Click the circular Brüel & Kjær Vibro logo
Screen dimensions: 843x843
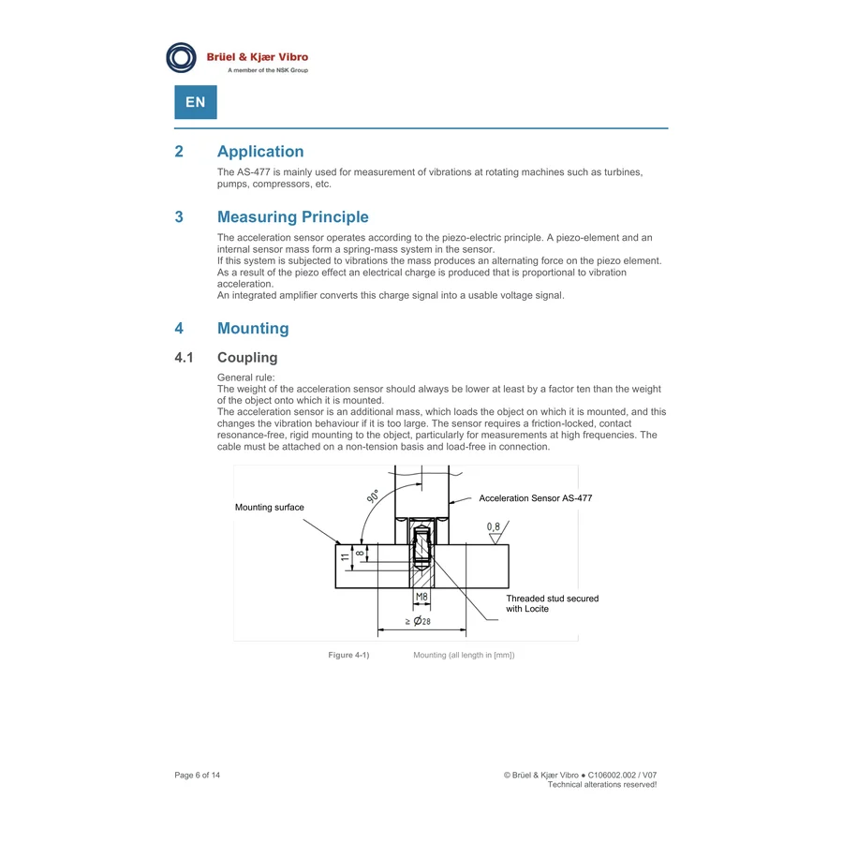coord(181,57)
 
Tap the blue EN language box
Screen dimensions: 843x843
coord(196,102)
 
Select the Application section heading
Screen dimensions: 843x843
coord(260,152)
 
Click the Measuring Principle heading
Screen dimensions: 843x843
coord(293,216)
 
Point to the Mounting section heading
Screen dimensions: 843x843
coord(253,328)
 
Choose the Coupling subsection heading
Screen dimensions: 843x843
coord(247,358)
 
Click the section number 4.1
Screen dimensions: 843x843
coord(184,358)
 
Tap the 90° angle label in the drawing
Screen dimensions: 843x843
coord(373,496)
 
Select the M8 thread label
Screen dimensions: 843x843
coord(421,597)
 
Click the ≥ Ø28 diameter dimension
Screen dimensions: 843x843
coord(418,621)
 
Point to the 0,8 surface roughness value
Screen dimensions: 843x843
coord(494,526)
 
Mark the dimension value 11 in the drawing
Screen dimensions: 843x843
coord(345,557)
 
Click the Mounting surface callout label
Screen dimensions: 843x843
coord(270,507)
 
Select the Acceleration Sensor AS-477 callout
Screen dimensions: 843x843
coord(536,498)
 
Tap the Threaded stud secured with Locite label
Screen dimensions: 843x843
coord(552,604)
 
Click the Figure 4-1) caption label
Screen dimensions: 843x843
coord(349,655)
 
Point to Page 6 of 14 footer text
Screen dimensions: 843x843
coord(198,775)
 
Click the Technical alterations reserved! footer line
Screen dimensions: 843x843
coord(602,784)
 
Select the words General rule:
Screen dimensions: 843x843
coord(245,377)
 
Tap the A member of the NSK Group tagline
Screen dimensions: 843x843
coord(268,70)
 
